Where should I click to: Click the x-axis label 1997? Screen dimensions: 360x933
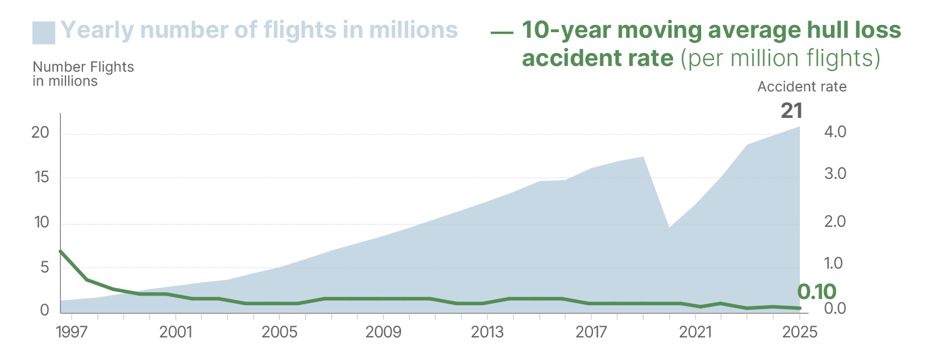[72, 332]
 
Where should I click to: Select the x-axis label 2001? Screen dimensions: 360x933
[175, 332]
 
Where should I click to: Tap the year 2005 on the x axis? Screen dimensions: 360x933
[279, 332]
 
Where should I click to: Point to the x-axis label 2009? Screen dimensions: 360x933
[383, 332]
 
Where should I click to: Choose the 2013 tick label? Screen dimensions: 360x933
[487, 332]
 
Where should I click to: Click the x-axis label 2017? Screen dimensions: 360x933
[591, 332]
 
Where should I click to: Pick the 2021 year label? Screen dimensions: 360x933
[695, 332]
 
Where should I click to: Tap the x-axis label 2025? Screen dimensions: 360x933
[799, 332]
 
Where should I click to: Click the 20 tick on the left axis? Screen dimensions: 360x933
[41, 133]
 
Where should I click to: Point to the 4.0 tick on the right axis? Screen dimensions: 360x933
[835, 132]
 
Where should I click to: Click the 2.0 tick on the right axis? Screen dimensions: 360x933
[835, 221]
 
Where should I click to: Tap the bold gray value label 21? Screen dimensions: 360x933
[791, 111]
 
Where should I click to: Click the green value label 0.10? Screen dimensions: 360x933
[816, 292]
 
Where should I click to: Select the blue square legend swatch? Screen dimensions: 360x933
[44, 32]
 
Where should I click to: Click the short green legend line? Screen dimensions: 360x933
[501, 32]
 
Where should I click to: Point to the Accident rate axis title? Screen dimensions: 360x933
[802, 87]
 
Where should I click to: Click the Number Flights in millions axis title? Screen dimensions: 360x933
[83, 74]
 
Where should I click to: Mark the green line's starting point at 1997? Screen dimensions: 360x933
[60, 251]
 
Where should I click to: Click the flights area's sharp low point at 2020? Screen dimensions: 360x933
[669, 227]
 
